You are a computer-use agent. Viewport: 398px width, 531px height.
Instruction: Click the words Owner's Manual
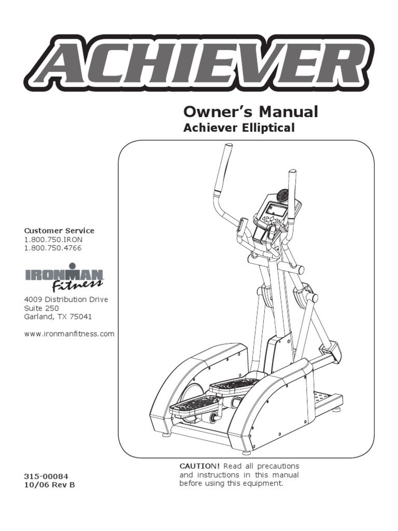click(251, 111)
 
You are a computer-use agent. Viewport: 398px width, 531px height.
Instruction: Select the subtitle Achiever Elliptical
click(239, 128)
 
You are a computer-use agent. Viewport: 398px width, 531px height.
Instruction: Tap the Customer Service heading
click(59, 230)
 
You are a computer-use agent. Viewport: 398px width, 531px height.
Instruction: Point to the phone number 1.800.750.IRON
click(53, 239)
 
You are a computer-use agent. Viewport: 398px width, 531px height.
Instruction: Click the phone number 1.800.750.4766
click(53, 248)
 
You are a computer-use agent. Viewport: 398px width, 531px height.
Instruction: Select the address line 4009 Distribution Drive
click(66, 300)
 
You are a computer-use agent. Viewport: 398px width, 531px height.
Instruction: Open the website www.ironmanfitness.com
click(69, 334)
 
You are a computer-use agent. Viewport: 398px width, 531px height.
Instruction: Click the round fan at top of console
click(283, 195)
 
